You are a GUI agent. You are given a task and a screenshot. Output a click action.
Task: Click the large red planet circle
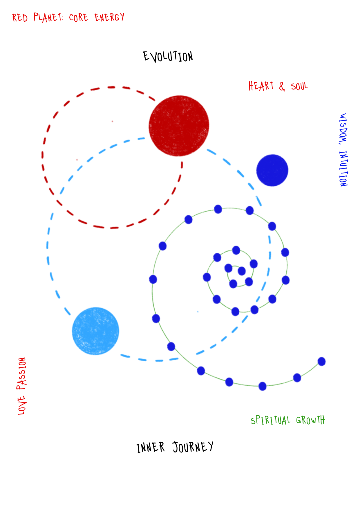179,126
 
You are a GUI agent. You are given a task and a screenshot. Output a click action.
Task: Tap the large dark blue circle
272,170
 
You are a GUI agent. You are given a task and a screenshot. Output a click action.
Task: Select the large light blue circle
95,331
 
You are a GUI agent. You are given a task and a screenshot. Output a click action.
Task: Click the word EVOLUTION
168,56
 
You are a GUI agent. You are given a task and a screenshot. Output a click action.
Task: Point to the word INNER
150,448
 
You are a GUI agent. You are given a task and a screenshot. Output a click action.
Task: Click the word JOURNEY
193,447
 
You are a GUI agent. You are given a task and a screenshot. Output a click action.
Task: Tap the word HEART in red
261,86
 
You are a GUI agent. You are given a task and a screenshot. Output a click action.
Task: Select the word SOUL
299,86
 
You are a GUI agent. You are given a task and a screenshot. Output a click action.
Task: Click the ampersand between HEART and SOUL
282,86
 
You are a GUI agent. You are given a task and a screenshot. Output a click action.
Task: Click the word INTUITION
343,168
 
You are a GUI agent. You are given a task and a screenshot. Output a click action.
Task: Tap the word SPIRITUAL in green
270,420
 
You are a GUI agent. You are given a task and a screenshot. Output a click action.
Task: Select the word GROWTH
310,420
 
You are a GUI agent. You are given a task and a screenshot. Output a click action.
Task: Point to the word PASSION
21,374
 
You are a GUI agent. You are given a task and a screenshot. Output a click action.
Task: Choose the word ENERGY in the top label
109,17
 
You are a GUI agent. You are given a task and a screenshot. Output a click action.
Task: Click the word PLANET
48,17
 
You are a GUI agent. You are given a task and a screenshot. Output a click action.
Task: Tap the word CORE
78,18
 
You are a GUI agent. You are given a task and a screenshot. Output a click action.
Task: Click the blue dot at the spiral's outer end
321,362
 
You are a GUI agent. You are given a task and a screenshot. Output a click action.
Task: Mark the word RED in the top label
20,18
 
